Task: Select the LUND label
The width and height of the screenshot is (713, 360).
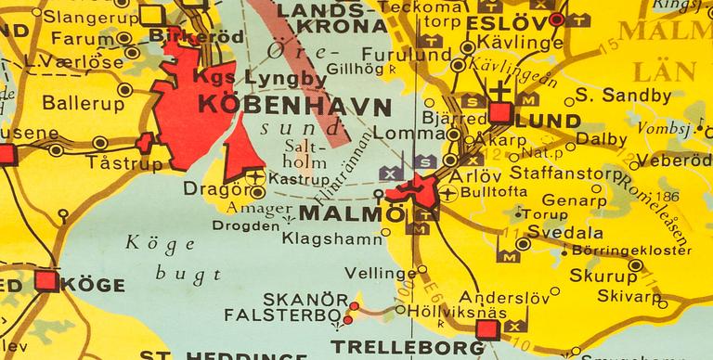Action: click(548, 121)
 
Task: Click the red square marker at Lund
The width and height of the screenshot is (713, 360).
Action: click(500, 113)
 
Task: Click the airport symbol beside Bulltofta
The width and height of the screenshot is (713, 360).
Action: click(450, 193)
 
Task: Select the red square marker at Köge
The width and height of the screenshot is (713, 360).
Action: click(45, 281)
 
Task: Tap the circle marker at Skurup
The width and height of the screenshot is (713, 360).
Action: click(635, 265)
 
